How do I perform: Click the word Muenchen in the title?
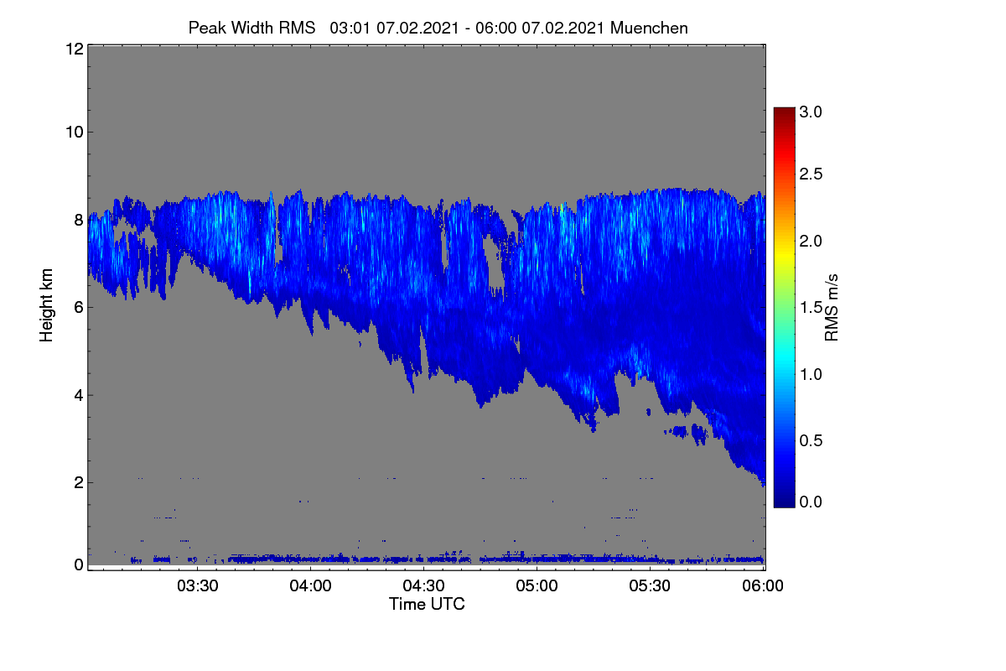pyautogui.click(x=649, y=29)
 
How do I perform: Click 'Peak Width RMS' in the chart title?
pyautogui.click(x=251, y=29)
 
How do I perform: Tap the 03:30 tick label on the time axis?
pyautogui.click(x=198, y=585)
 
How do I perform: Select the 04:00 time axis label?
pyautogui.click(x=310, y=585)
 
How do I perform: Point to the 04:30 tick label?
pyautogui.click(x=423, y=585)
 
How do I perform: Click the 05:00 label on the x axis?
pyautogui.click(x=537, y=585)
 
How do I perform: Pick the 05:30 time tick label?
pyautogui.click(x=650, y=585)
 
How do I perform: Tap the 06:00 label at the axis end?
pyautogui.click(x=763, y=585)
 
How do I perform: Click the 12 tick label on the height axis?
pyautogui.click(x=75, y=49)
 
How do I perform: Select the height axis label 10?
pyautogui.click(x=75, y=133)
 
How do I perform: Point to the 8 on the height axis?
pyautogui.click(x=79, y=220)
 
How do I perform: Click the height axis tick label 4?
pyautogui.click(x=79, y=396)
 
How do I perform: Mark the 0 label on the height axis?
pyautogui.click(x=79, y=564)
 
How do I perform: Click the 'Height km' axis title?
pyautogui.click(x=46, y=305)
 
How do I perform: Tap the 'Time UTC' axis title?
pyautogui.click(x=427, y=604)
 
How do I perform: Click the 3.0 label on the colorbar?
pyautogui.click(x=811, y=112)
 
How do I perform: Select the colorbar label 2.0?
pyautogui.click(x=811, y=242)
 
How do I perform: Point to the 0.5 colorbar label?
pyautogui.click(x=811, y=441)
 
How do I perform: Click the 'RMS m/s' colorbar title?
pyautogui.click(x=832, y=308)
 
